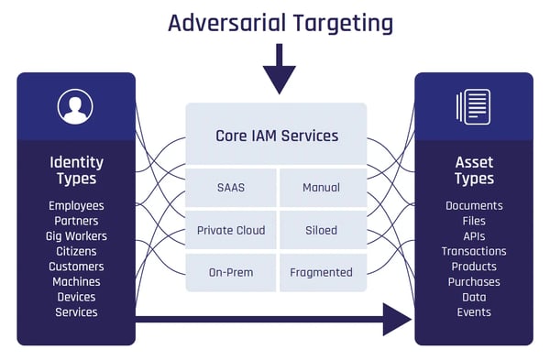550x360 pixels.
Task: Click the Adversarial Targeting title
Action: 280,23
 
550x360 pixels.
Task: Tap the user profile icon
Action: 75,107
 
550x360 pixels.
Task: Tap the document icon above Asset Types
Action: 473,107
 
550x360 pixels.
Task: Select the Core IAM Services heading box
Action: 276,136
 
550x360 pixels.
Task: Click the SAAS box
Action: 231,188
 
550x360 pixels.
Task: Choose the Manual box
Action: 321,188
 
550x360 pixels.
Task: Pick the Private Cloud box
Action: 231,230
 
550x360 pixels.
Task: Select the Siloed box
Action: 321,230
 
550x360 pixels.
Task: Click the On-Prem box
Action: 231,272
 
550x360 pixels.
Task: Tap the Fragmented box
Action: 321,272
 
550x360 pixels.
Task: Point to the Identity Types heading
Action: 76,170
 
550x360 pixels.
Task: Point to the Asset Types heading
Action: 474,170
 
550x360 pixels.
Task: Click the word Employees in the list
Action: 76,206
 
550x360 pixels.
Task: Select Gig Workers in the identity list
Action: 76,236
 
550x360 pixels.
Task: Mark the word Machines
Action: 76,282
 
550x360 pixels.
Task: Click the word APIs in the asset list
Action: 474,236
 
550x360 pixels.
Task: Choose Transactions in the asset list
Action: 474,251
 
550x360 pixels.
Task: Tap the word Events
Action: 474,312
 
